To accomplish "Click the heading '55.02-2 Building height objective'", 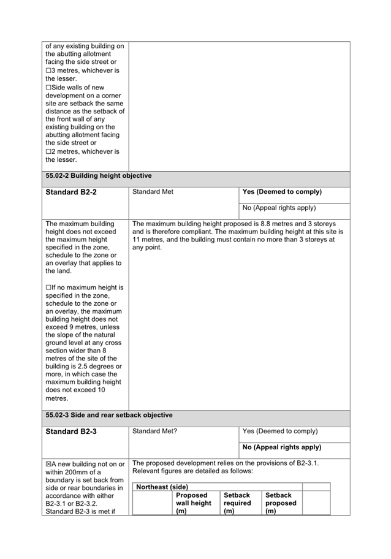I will tap(98, 176).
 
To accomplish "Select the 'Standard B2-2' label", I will tap(70, 192).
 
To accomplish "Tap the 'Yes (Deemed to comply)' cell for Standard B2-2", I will tap(282, 192).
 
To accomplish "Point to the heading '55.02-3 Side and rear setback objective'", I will tap(108, 415).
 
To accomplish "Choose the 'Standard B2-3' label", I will tap(70, 432).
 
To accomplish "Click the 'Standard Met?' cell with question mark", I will tap(154, 431).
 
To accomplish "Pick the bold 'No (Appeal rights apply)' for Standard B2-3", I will tap(282, 447).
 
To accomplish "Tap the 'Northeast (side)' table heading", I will tap(162, 487).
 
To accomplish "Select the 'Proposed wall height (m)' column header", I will tap(193, 503).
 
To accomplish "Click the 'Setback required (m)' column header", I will tap(237, 503).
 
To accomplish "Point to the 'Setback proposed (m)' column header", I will tap(281, 503).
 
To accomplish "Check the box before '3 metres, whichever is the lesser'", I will tap(48, 70).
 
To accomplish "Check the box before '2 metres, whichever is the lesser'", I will tap(48, 151).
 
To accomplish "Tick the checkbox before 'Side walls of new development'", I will tap(48, 88).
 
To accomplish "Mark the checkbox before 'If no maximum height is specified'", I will tap(48, 287).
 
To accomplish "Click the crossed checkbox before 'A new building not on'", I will tap(48, 464).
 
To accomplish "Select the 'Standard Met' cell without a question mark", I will tap(153, 192).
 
